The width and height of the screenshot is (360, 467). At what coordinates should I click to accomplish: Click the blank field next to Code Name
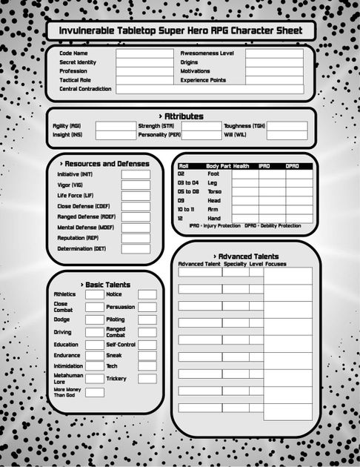point(144,53)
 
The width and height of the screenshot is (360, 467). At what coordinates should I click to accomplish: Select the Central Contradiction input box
point(210,89)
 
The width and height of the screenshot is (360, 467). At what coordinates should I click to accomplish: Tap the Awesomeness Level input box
point(274,53)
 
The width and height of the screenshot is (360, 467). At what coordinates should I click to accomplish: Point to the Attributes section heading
point(181,116)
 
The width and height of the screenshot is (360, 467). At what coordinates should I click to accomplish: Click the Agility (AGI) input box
point(116,126)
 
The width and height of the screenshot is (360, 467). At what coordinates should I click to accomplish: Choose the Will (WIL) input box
point(287,136)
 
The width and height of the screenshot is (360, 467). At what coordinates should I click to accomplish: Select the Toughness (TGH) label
point(244,126)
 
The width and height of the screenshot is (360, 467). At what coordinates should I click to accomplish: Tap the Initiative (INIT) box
point(136,175)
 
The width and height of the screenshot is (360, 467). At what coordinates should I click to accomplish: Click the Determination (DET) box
point(136,249)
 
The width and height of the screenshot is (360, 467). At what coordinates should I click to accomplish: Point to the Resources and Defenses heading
point(104,164)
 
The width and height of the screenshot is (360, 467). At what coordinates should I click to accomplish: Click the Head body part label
point(213,201)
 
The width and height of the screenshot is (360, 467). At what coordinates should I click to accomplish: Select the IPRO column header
point(264,166)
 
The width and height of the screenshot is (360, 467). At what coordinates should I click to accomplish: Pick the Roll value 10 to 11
point(187,210)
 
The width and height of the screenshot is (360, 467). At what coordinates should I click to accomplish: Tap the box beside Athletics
point(94,294)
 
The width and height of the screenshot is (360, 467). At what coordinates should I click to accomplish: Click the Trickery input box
point(147,379)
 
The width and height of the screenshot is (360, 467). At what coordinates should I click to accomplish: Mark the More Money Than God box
point(94,392)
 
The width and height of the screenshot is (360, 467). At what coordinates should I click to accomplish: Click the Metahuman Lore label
point(64,379)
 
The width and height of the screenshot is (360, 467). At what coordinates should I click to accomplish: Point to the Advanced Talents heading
point(248,256)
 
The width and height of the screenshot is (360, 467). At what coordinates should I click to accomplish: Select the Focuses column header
point(276,264)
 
